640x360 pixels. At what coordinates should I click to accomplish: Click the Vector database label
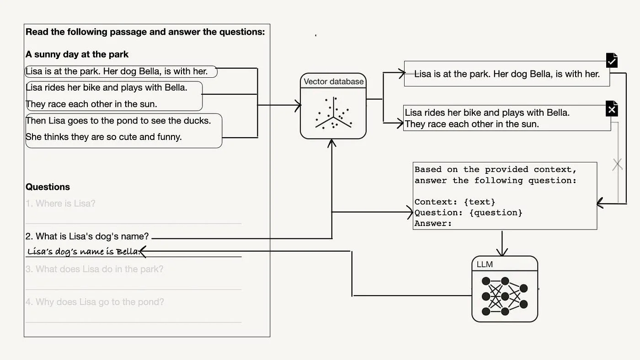[334, 82]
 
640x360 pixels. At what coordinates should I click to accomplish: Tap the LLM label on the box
[485, 264]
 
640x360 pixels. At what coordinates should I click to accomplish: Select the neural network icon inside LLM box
[505, 296]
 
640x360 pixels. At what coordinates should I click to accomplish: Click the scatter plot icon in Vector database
[333, 113]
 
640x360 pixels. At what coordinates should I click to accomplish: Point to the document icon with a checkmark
[612, 60]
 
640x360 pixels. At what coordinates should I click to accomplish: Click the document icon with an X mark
[612, 109]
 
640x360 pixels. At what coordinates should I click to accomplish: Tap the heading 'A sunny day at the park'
[77, 54]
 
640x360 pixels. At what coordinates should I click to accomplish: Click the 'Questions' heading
[48, 187]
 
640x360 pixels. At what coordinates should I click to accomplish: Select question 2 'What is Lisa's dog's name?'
[87, 236]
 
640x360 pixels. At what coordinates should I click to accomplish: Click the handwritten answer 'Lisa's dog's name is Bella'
[83, 251]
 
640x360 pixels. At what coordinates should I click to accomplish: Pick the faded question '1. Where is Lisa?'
[60, 204]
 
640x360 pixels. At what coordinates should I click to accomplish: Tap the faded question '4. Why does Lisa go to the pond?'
[94, 302]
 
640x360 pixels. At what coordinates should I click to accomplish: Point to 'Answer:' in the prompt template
[433, 224]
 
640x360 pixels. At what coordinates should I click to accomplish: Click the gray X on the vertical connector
[618, 164]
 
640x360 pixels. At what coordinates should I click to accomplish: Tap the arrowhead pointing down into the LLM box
[502, 253]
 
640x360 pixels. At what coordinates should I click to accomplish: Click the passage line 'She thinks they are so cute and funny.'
[104, 137]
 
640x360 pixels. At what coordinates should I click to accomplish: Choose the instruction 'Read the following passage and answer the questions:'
[145, 32]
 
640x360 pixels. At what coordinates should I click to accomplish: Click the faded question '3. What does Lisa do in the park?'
[94, 269]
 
